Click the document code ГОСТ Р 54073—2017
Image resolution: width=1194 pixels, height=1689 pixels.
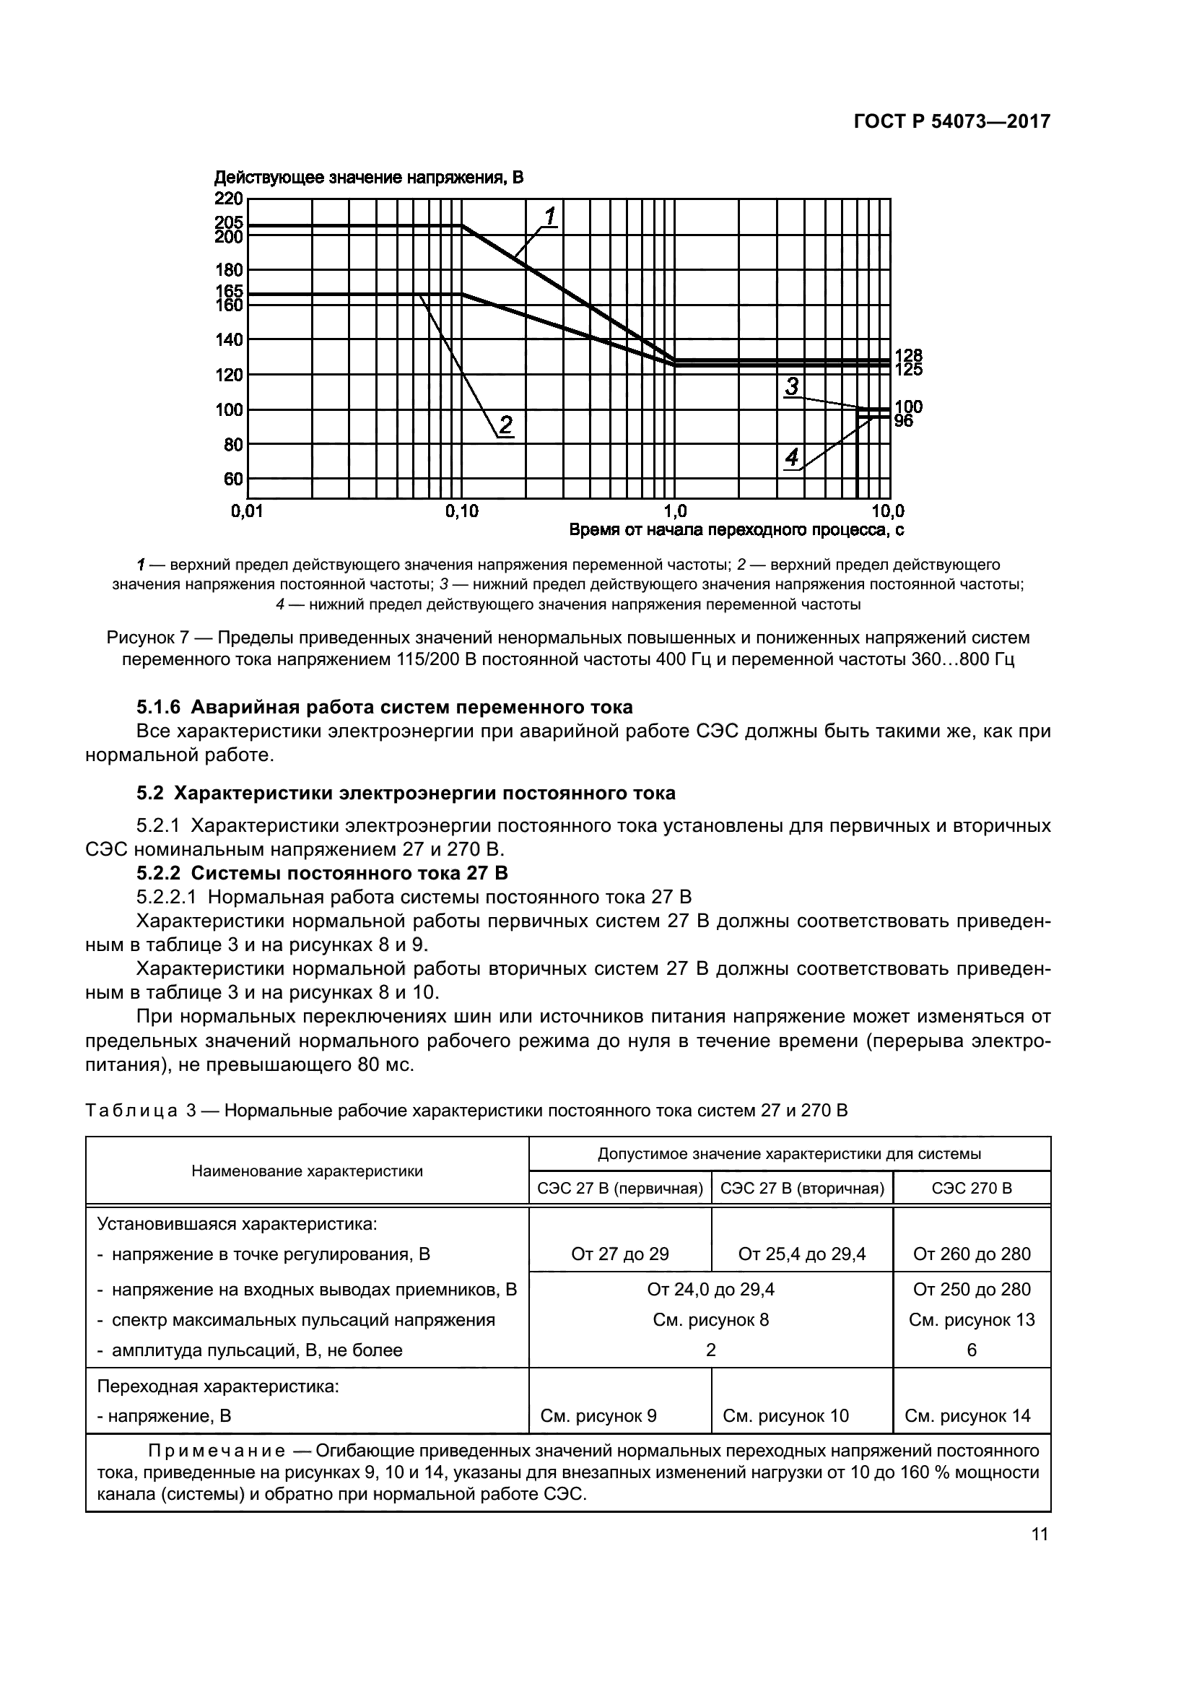pyautogui.click(x=951, y=121)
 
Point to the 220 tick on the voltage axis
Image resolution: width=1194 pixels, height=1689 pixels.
pyautogui.click(x=228, y=199)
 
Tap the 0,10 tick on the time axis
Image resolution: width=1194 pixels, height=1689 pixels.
pyautogui.click(x=462, y=511)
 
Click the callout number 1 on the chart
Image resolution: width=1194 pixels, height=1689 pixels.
pyautogui.click(x=550, y=217)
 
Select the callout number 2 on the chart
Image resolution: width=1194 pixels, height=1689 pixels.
pyautogui.click(x=506, y=425)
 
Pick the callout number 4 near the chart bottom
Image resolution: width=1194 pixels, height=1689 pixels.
pyautogui.click(x=792, y=459)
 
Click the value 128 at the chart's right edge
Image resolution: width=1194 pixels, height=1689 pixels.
pyautogui.click(x=908, y=356)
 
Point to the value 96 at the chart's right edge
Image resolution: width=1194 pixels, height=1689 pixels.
pyautogui.click(x=904, y=422)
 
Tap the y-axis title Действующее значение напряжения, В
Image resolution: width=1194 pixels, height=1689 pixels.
pyautogui.click(x=368, y=178)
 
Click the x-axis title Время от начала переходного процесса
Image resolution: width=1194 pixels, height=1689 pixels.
pyautogui.click(x=736, y=529)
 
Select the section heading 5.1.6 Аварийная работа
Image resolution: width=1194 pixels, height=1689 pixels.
pyautogui.click(x=384, y=707)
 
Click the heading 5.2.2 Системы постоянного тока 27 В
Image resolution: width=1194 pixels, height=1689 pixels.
pyautogui.click(x=322, y=872)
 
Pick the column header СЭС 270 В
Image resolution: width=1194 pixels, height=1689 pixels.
pyautogui.click(x=971, y=1188)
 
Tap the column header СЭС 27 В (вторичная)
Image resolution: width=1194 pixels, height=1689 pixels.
pyautogui.click(x=802, y=1188)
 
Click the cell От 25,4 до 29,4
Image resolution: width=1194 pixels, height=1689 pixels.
pyautogui.click(x=802, y=1254)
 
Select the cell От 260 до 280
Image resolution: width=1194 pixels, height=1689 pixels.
pyautogui.click(x=971, y=1254)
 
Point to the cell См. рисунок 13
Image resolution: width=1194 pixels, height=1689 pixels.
pyautogui.click(x=971, y=1320)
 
